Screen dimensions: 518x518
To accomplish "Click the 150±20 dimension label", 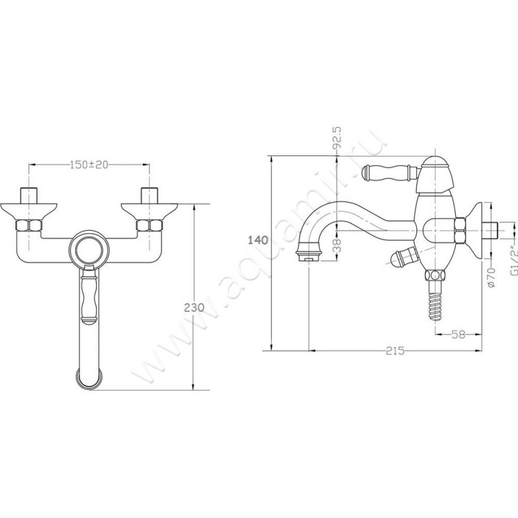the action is click(89, 164).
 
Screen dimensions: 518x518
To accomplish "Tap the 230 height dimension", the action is click(194, 308).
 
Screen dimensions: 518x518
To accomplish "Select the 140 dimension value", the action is click(258, 240).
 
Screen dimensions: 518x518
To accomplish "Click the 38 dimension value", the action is click(337, 245).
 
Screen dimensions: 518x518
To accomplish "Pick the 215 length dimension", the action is click(395, 350).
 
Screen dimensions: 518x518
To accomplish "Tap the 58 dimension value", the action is click(458, 335).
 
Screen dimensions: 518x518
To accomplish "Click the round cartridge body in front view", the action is click(89, 249).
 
